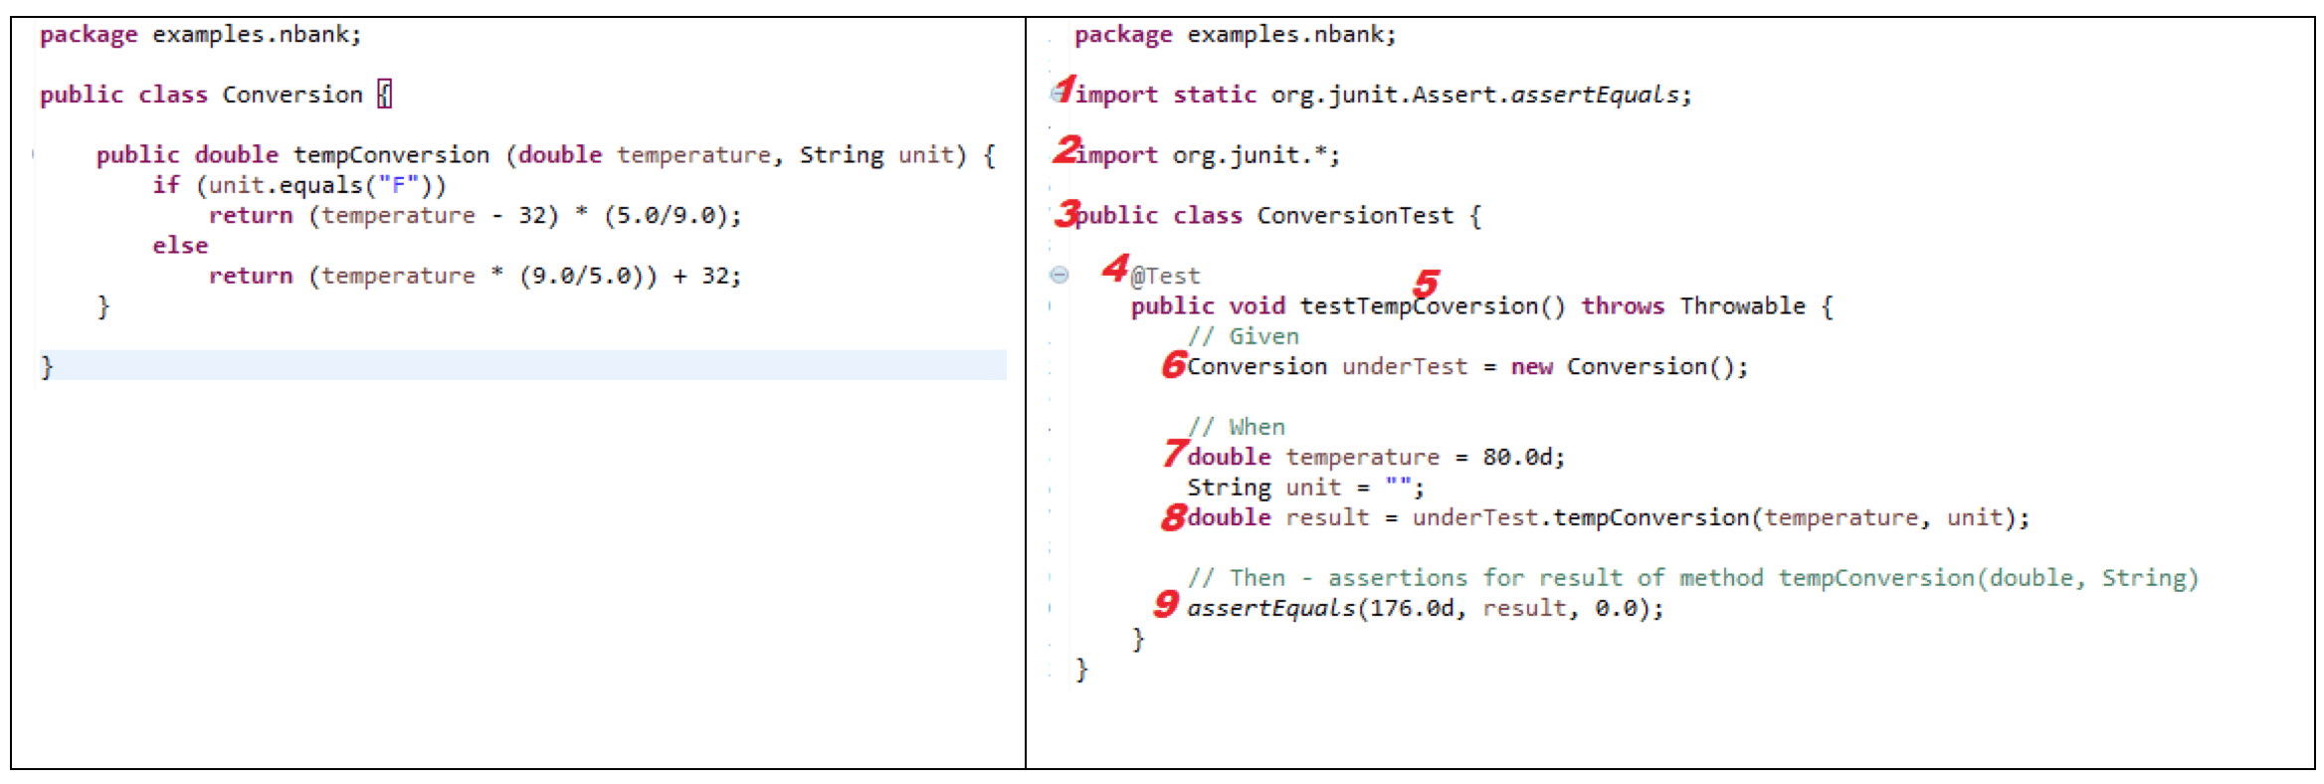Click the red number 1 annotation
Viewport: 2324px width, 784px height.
(x=1065, y=89)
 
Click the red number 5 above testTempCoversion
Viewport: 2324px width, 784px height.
(x=1427, y=283)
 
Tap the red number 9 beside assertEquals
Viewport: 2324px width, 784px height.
(x=1166, y=603)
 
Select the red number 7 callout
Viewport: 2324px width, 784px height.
(x=1175, y=453)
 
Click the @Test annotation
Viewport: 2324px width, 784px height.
(x=1165, y=276)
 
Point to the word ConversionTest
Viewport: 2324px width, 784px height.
(x=1354, y=215)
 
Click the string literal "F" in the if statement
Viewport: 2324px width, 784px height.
(x=398, y=185)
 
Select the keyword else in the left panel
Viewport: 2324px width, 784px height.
(x=180, y=246)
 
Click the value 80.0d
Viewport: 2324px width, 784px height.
(x=1522, y=457)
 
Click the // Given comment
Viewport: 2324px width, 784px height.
(x=1244, y=336)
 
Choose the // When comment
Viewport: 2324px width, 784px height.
(x=1237, y=427)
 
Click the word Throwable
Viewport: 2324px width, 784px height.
(x=1742, y=305)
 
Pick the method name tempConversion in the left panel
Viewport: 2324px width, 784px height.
(x=391, y=155)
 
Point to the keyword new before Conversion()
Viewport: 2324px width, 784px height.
(x=1531, y=366)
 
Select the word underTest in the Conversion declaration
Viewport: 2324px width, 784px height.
(x=1404, y=366)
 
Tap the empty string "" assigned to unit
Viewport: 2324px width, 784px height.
(x=1398, y=487)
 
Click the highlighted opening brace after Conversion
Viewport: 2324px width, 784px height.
(x=385, y=95)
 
